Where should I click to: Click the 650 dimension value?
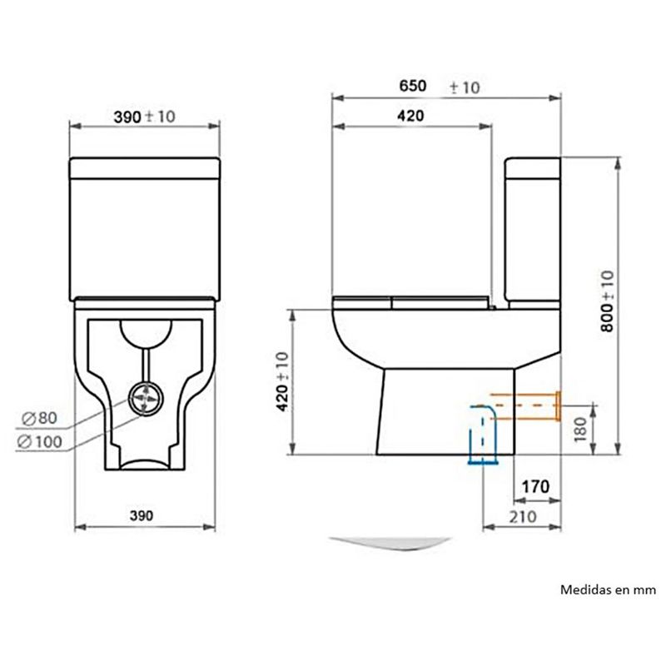pos(412,86)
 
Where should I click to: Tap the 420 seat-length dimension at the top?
pos(410,116)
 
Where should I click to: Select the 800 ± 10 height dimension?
pos(608,301)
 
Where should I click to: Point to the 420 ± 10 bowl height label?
pos(282,381)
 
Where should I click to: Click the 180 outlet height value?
pos(580,429)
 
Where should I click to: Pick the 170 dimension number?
pos(535,487)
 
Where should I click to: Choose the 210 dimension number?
pos(523,517)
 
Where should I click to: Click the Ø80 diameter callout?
pos(39,419)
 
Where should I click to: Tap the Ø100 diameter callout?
pos(39,442)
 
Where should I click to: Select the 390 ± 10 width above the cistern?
pos(144,117)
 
